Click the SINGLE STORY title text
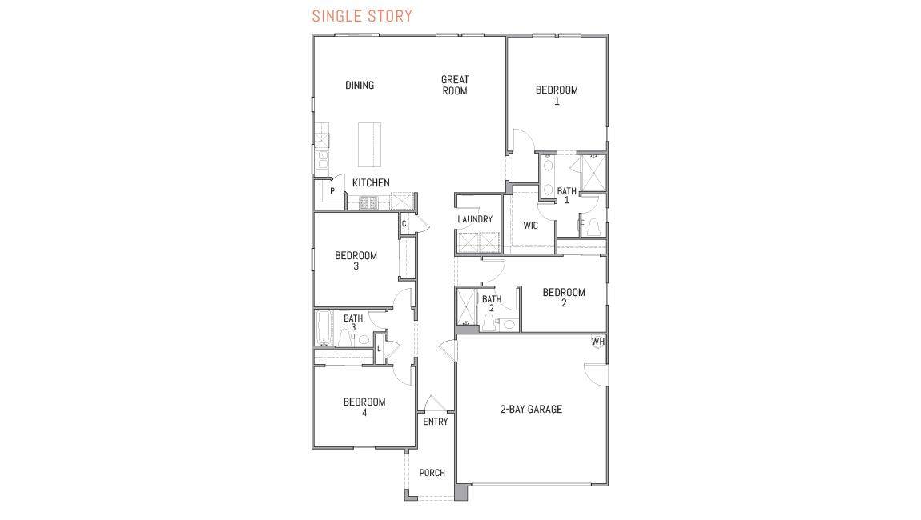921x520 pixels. click(x=362, y=16)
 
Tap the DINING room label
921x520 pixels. click(x=360, y=85)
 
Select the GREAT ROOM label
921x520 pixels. click(x=455, y=85)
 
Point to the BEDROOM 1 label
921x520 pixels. click(x=557, y=95)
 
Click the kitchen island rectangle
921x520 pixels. click(x=369, y=144)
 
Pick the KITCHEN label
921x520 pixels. click(x=371, y=183)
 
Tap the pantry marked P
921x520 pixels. click(x=332, y=190)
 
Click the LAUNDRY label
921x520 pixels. click(x=475, y=219)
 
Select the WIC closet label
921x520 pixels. click(x=530, y=226)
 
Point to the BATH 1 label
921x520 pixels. click(x=566, y=195)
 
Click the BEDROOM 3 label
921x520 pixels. click(x=356, y=261)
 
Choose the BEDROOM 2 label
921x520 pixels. click(x=563, y=298)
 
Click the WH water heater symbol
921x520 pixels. click(x=598, y=342)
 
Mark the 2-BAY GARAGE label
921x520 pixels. click(x=531, y=409)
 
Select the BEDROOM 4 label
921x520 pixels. click(x=364, y=407)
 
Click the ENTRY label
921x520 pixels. click(x=435, y=422)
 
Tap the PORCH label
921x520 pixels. click(x=432, y=473)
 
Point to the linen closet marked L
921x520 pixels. click(x=379, y=349)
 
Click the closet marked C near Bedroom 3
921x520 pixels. click(x=404, y=224)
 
